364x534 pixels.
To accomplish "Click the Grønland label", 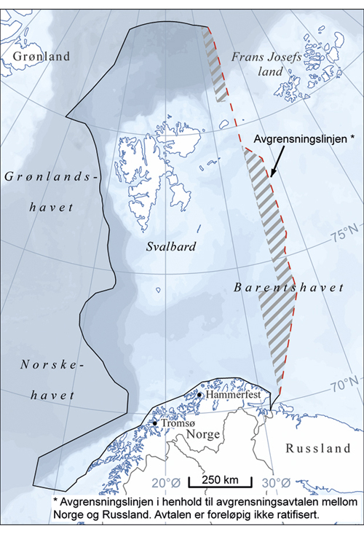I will tap(36, 56).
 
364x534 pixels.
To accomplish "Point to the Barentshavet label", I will tap(288, 288).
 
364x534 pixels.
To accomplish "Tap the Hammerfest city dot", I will tap(199, 394).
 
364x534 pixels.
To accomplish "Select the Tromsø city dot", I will tap(154, 423).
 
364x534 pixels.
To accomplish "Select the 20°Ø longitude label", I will tap(165, 482).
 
